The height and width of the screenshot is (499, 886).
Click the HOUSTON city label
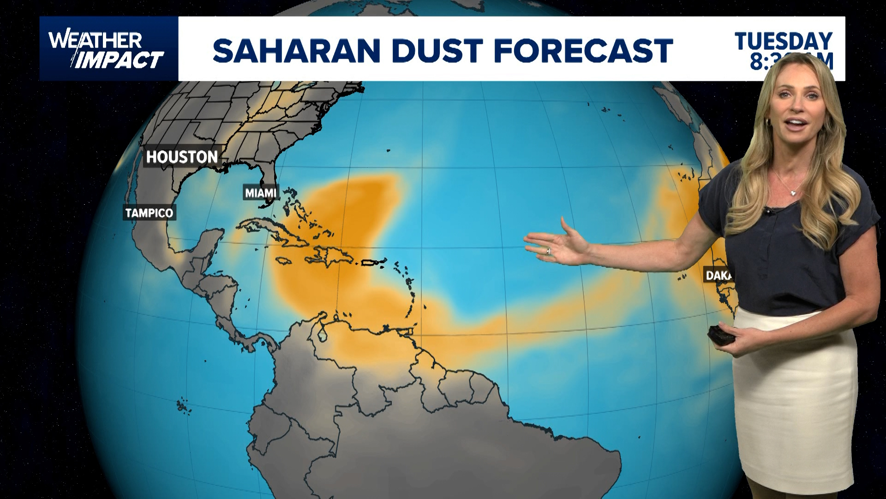click(182, 157)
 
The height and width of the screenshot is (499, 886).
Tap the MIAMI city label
click(261, 193)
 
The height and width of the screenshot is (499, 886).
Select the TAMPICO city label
click(149, 213)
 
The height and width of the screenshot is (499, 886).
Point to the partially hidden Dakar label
click(718, 275)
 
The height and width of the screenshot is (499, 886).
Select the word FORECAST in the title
click(583, 50)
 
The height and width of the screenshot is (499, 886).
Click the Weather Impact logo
click(107, 49)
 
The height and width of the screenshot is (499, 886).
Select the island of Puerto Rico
click(373, 262)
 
